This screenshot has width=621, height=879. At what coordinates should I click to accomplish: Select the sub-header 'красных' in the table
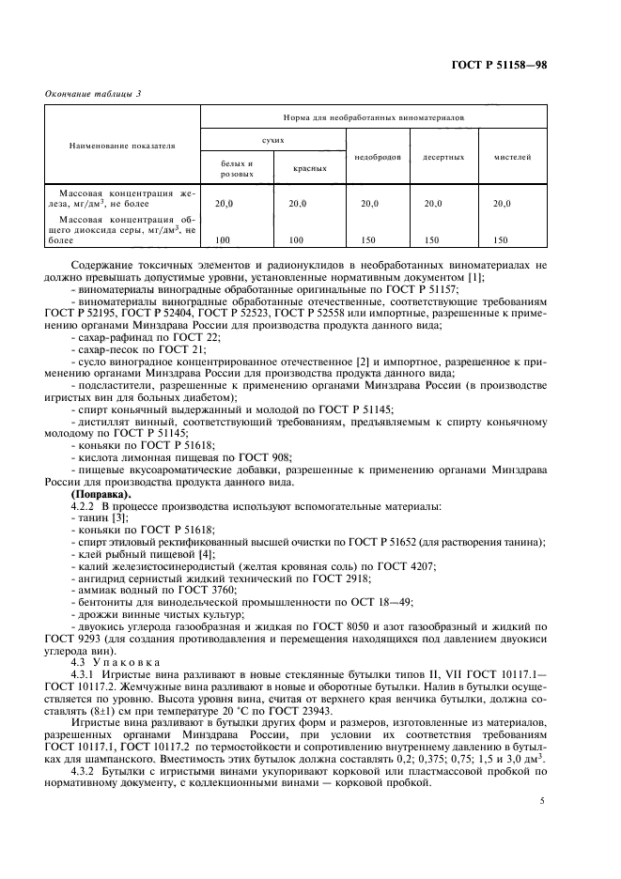click(x=308, y=169)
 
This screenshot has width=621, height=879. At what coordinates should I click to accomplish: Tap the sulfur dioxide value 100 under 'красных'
click(x=298, y=239)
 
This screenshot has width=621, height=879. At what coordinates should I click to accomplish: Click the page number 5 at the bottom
click(x=542, y=800)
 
